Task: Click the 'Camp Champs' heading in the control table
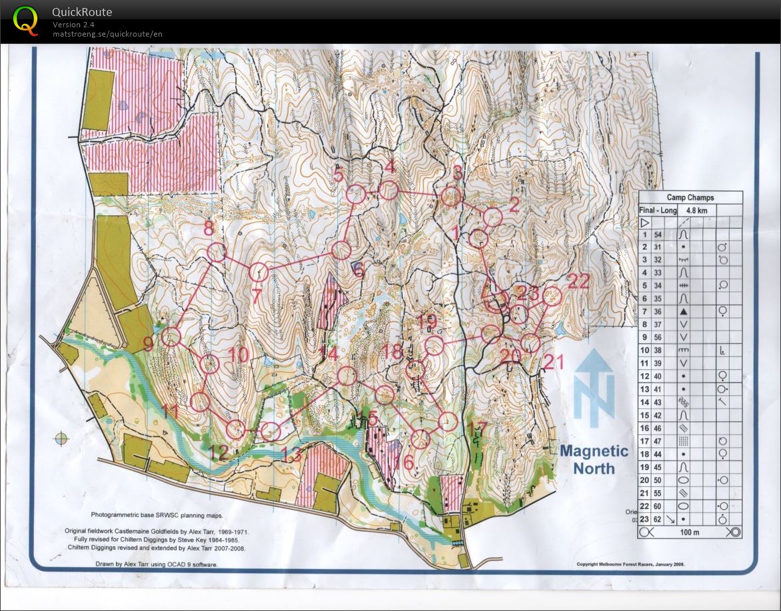click(690, 198)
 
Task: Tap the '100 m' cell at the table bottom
click(690, 532)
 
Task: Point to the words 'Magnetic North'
click(594, 459)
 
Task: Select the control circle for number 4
click(388, 191)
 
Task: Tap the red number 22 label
click(578, 281)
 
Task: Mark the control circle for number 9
click(172, 336)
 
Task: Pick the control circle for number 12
click(235, 430)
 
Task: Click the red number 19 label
click(426, 322)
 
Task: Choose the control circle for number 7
click(259, 272)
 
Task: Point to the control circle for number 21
click(530, 343)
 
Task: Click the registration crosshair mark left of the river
click(61, 438)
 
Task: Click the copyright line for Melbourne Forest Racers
click(630, 564)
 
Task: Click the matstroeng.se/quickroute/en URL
click(107, 34)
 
